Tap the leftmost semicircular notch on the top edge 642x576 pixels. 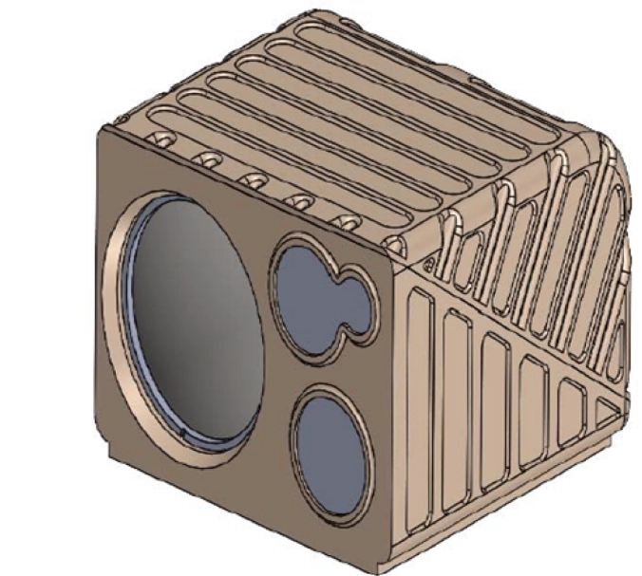coord(160,140)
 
